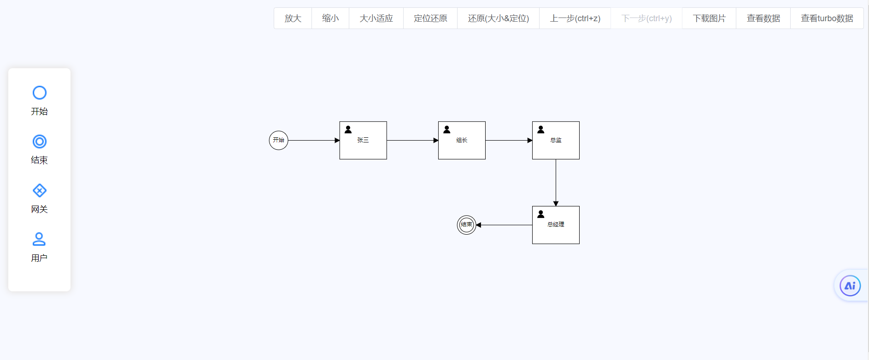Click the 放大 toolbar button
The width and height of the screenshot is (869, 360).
point(293,18)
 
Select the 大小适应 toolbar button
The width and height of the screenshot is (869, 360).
point(376,18)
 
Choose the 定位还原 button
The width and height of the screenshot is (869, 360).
point(430,18)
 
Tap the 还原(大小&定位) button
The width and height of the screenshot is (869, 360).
point(498,18)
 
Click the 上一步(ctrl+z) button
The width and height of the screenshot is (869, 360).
point(575,18)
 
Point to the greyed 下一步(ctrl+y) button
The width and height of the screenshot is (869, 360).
point(646,18)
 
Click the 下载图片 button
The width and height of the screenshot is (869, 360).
point(709,18)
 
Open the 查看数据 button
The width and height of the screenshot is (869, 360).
point(763,18)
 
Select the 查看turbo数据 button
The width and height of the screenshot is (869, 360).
point(827,18)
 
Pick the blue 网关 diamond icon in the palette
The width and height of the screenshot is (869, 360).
point(40,190)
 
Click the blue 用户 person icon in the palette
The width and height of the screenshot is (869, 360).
point(39,239)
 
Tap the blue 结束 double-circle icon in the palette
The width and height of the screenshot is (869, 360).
point(40,142)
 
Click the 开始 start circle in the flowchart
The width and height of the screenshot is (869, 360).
point(278,140)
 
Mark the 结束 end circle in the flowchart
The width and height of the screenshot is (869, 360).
point(466,225)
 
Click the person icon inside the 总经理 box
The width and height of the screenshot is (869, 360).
point(541,214)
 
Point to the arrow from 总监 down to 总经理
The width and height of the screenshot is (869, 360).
point(556,183)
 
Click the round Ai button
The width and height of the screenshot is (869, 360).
point(850,286)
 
